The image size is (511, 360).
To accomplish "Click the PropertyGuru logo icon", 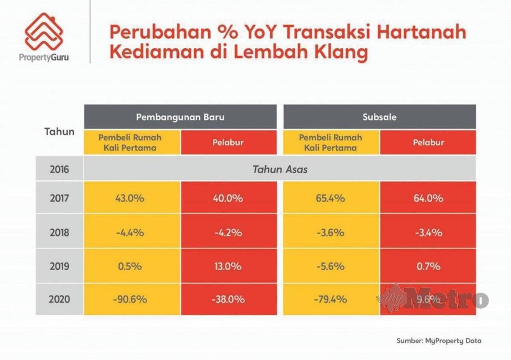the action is pos(44,32).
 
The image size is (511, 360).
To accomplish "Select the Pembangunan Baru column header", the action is pos(180,117).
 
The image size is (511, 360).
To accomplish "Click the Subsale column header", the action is pos(379,117).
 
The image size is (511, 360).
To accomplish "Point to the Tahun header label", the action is pos(59,131).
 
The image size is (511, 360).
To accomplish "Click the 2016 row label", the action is pos(59,169).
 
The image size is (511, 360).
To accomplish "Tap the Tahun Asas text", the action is pos(280,169).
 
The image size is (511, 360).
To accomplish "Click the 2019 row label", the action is pos(59,266).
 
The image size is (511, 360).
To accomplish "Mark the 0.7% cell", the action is pos(428,266).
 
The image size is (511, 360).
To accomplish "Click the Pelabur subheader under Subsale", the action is pos(428,142).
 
